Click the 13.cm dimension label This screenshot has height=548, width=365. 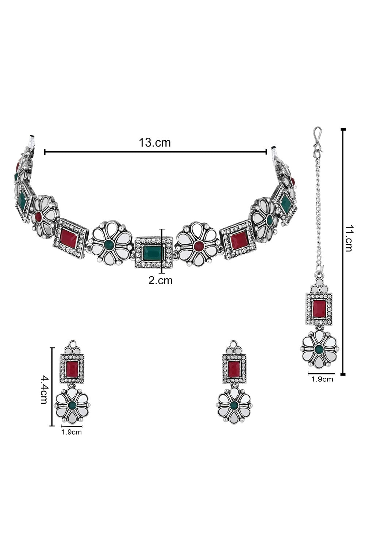155,142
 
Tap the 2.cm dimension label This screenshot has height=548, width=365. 160,280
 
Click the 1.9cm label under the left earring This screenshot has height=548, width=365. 72,432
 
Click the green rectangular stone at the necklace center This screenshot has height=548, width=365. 153,254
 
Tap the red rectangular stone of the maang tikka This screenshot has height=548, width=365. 319,309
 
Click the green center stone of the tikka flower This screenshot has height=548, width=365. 319,349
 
